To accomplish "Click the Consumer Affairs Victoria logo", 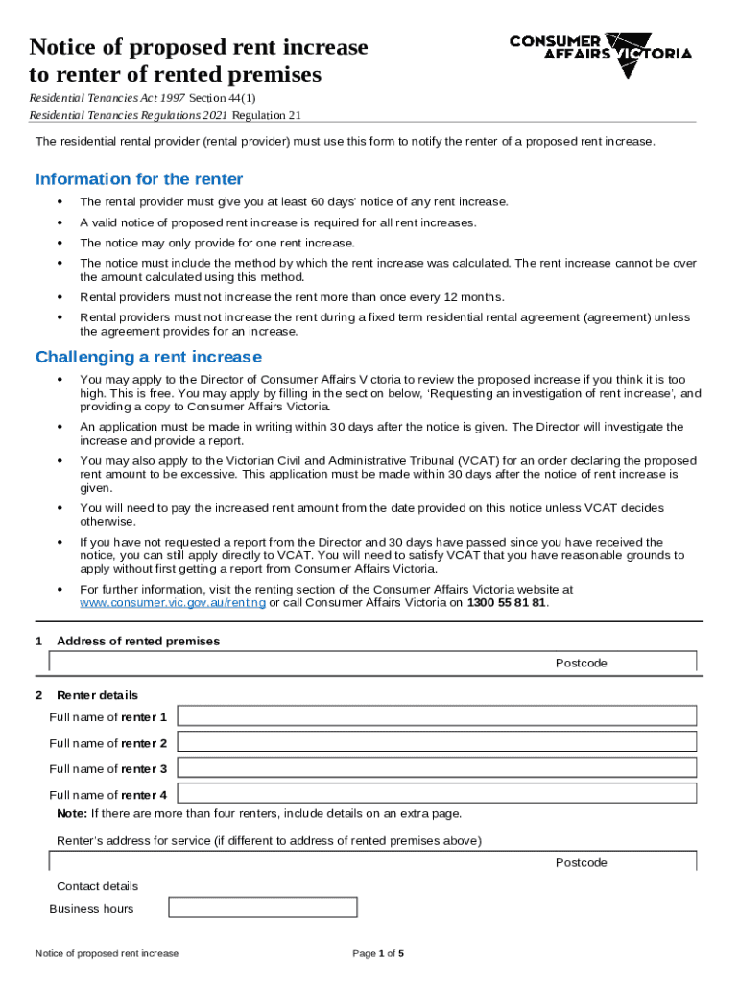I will click(600, 47).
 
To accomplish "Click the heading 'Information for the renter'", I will click(139, 179).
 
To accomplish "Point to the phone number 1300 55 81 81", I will click(506, 602).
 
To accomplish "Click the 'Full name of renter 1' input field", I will click(437, 716).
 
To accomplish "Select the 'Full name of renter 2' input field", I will click(437, 742).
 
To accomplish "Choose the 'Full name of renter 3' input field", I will click(437, 768).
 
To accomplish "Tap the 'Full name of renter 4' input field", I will click(437, 794).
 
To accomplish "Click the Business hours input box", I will click(262, 907).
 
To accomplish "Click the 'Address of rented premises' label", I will click(138, 641).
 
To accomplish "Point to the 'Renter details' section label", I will click(97, 695).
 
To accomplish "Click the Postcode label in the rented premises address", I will click(581, 663).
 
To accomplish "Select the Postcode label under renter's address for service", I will click(581, 862).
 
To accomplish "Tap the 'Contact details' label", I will click(97, 886).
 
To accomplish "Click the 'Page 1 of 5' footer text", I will click(378, 953).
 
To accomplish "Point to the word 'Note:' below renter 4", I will click(72, 813).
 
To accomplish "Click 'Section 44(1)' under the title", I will click(222, 98).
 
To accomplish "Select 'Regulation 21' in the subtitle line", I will click(264, 115).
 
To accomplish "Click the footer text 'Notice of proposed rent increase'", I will click(107, 953).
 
